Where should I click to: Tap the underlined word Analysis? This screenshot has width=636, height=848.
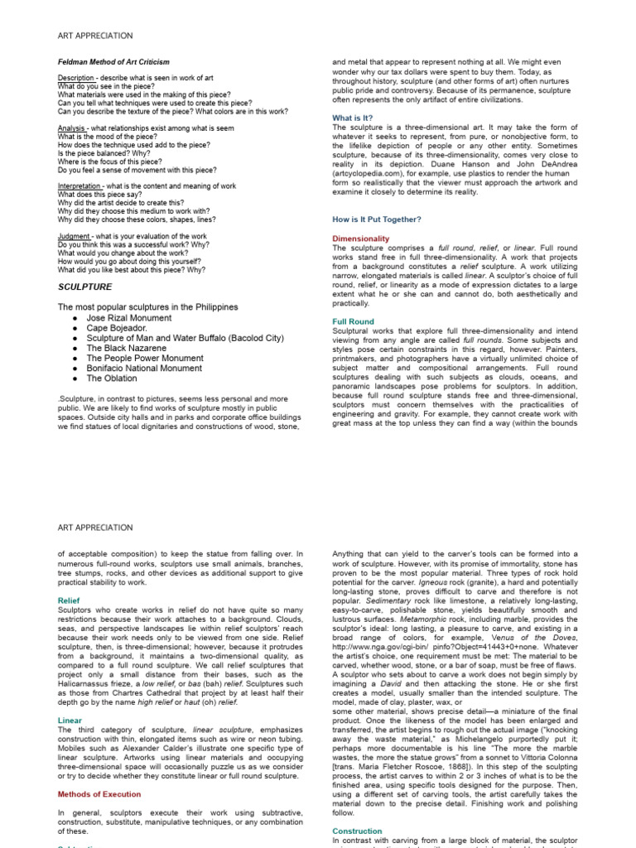[72, 128]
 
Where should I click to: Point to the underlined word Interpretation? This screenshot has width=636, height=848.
[79, 186]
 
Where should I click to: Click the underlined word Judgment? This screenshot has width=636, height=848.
[75, 237]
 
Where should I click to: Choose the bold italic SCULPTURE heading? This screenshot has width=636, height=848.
[84, 287]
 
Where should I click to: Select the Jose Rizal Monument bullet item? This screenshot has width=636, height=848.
[129, 318]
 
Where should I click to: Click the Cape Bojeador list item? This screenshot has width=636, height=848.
[117, 328]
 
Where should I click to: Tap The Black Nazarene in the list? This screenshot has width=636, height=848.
[126, 348]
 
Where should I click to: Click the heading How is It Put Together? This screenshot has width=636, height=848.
[377, 219]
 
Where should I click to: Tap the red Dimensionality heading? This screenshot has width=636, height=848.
[361, 238]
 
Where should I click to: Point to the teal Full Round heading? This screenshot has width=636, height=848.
[353, 321]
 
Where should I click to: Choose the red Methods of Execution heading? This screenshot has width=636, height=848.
[99, 794]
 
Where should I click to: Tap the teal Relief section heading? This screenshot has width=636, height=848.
[69, 600]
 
